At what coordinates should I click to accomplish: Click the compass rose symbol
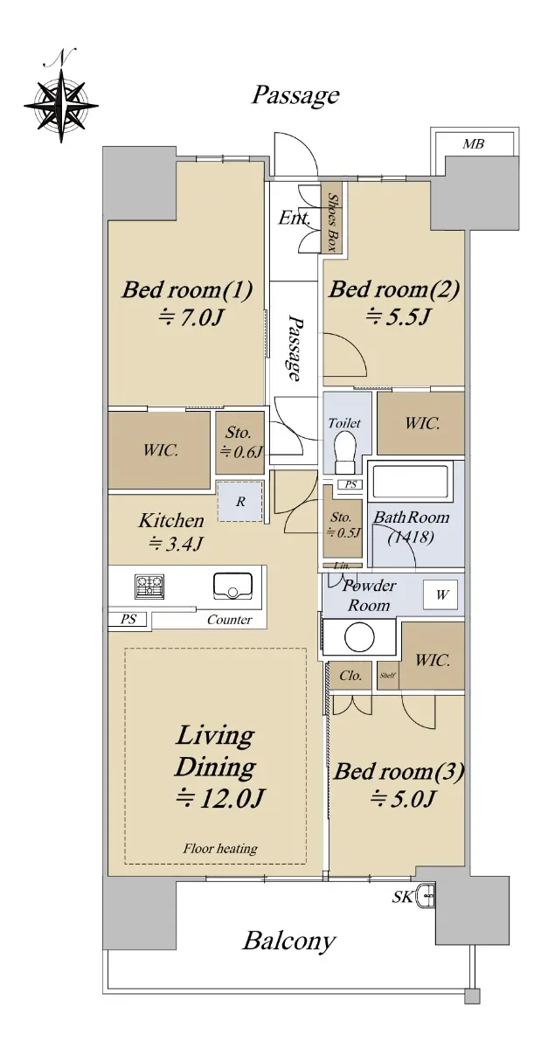tap(61, 101)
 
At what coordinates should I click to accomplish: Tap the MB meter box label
tap(473, 143)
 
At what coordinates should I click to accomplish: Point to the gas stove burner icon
tap(149, 587)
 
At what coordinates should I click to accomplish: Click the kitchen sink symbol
tap(232, 586)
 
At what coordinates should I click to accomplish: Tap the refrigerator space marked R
tap(240, 502)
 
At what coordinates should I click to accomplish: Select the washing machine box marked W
tap(440, 594)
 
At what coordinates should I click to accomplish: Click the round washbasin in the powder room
tap(359, 637)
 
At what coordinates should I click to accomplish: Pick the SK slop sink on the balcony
tap(426, 896)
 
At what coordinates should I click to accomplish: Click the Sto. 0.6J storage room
tap(239, 442)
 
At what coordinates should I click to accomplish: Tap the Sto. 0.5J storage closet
tap(343, 528)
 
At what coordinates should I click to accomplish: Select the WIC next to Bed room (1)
tap(159, 450)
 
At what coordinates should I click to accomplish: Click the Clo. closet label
tap(350, 675)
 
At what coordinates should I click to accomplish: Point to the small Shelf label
tap(387, 675)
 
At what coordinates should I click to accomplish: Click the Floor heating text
tap(220, 849)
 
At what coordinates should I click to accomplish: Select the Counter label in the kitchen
tap(230, 620)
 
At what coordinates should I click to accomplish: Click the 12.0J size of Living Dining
tap(220, 798)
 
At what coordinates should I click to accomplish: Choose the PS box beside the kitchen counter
tap(128, 619)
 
